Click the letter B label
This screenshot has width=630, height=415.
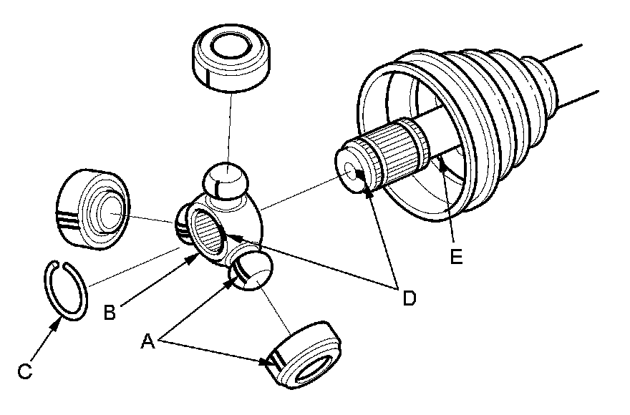coord(110,313)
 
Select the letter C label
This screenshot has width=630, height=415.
coord(25,371)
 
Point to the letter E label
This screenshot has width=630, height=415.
coord(456,256)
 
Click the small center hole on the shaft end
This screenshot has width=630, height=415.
coord(354,172)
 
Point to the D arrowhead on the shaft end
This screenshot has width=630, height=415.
coord(366,188)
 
